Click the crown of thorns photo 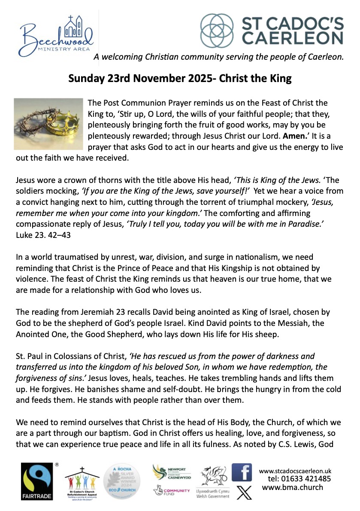pyautogui.click(x=48, y=124)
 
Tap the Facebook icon pyautogui.click(x=242, y=472)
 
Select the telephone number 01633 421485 pyautogui.click(x=299, y=479)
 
